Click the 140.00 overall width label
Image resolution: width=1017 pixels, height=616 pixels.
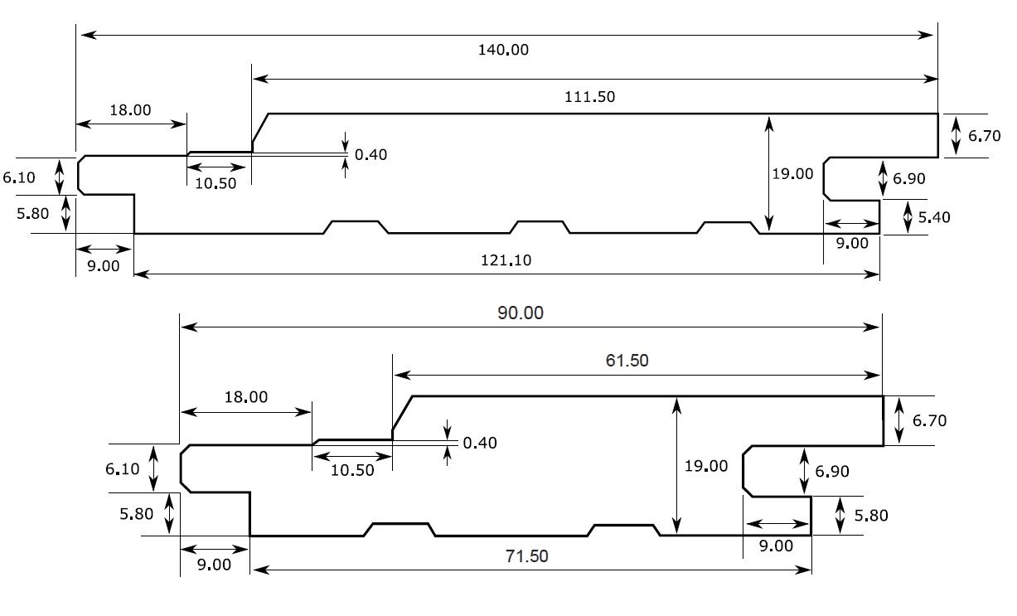pos(502,50)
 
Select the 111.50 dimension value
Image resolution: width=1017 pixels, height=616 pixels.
pos(589,97)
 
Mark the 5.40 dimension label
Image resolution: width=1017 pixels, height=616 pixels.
pos(934,217)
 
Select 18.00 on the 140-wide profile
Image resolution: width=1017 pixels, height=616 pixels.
pos(130,109)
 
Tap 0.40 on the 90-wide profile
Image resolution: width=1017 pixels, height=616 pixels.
pos(480,443)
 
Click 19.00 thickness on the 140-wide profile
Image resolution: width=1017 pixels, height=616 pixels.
pos(792,174)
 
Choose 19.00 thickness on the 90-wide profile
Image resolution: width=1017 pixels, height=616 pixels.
pos(705,466)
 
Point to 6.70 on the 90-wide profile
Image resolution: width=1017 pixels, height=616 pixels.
pos(929,420)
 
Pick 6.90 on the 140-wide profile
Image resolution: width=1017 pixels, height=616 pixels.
pos(909,178)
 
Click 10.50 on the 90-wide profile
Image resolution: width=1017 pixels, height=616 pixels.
pos(352,470)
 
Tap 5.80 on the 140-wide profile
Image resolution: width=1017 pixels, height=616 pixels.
pos(33,213)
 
